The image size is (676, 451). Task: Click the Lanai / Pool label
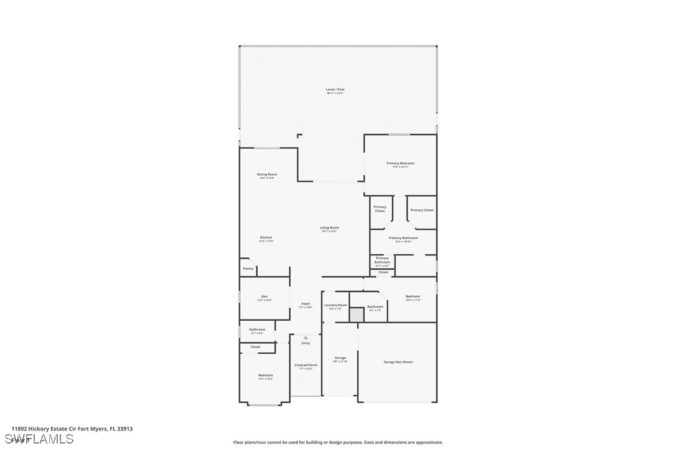click(335, 90)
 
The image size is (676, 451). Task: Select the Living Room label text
click(329, 229)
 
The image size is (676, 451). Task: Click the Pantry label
click(248, 268)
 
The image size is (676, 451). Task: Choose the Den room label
click(264, 297)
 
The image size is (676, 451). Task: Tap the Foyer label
click(305, 305)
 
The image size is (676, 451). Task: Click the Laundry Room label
click(335, 306)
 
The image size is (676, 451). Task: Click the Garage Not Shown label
click(398, 362)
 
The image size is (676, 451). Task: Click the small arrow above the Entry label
click(305, 338)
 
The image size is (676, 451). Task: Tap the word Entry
click(305, 343)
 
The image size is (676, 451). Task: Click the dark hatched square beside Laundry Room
click(356, 315)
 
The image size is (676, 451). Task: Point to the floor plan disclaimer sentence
click(338, 442)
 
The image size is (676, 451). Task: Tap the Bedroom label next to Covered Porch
click(265, 376)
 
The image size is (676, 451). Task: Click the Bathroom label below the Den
click(257, 330)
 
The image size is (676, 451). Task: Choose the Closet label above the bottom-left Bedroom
click(255, 347)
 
